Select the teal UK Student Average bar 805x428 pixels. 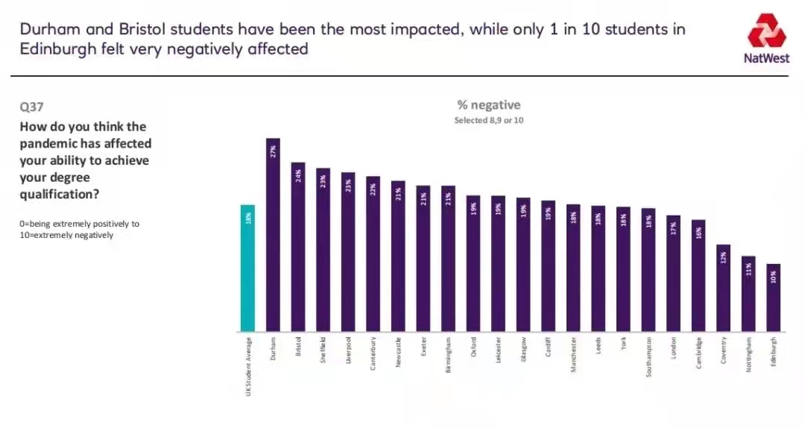(x=247, y=268)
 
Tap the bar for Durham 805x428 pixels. (x=273, y=235)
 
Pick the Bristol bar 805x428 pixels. (x=298, y=247)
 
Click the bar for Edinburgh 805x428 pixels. (x=774, y=298)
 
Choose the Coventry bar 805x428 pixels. (x=723, y=288)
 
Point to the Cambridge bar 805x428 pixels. (x=698, y=275)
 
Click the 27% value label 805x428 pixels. (x=273, y=151)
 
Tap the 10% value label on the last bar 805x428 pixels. (x=774, y=275)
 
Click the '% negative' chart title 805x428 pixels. (x=489, y=105)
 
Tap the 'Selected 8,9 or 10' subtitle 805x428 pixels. (x=489, y=120)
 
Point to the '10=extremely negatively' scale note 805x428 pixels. (x=66, y=234)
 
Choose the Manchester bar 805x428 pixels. (x=573, y=268)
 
